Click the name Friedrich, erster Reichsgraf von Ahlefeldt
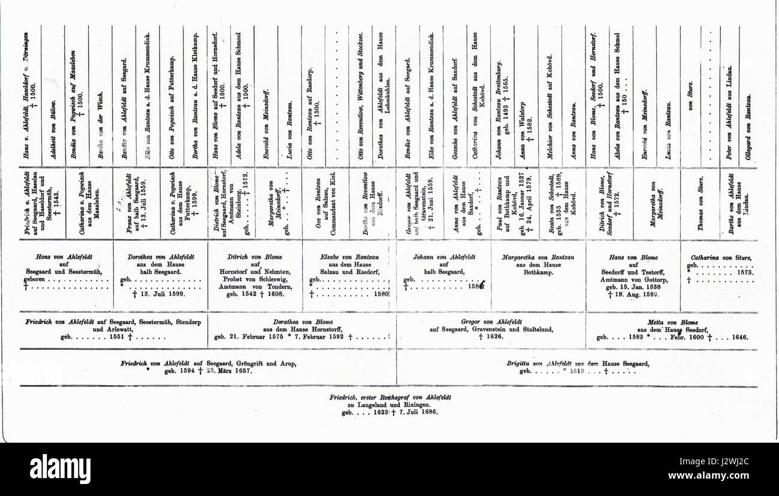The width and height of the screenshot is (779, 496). click(x=390, y=397)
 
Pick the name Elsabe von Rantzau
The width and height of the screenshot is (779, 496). click(x=349, y=258)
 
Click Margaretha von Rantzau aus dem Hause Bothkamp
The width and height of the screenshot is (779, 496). click(x=538, y=261)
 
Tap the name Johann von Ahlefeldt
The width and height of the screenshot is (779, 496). click(x=443, y=258)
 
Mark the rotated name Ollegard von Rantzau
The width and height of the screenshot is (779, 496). click(x=748, y=128)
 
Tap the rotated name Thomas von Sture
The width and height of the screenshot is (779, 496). click(x=693, y=205)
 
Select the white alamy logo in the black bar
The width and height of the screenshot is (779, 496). click(x=61, y=469)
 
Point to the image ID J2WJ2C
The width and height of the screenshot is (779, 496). click(x=743, y=461)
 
